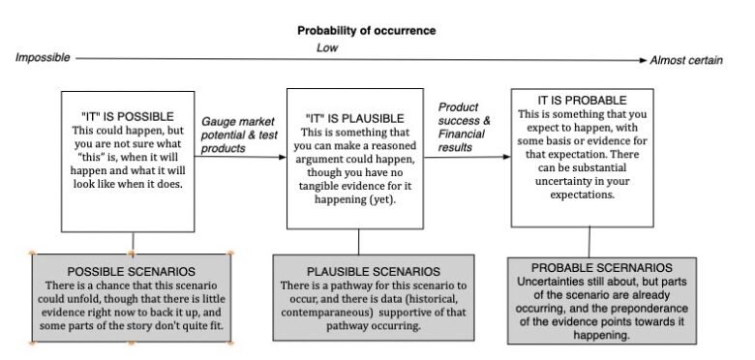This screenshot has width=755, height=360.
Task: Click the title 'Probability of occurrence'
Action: click(x=367, y=31)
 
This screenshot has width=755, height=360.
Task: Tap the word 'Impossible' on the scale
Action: click(x=43, y=58)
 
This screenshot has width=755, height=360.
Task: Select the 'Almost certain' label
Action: click(x=686, y=60)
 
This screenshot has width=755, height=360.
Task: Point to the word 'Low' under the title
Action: click(x=327, y=47)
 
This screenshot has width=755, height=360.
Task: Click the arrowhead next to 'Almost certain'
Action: click(x=644, y=60)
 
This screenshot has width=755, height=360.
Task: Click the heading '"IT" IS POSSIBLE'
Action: click(x=128, y=117)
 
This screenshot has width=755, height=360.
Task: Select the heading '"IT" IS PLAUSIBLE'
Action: click(x=355, y=119)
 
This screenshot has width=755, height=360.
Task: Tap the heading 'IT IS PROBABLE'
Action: click(x=582, y=101)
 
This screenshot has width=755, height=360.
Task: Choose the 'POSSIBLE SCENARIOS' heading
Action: click(x=132, y=271)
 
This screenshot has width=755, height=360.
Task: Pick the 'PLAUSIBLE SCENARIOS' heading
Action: click(x=374, y=271)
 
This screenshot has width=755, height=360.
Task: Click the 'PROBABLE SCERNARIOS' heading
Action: click(x=602, y=268)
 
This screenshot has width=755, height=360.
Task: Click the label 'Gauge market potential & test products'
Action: click(x=239, y=135)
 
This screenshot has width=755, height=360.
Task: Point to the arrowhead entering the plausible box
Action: click(x=283, y=157)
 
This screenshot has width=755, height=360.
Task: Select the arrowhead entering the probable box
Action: click(x=506, y=157)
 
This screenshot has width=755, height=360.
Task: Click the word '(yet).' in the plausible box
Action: click(x=382, y=199)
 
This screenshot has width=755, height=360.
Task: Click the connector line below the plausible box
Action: click(x=358, y=242)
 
